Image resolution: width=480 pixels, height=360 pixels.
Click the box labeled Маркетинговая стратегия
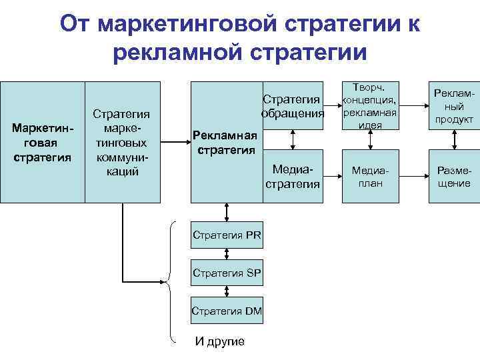click(x=42, y=141)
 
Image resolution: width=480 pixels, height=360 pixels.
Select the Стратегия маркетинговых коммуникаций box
click(x=122, y=141)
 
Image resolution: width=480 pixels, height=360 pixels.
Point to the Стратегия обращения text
click(x=293, y=105)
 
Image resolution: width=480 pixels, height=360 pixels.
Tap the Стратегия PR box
click(x=227, y=235)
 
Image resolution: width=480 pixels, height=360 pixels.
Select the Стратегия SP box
click(x=227, y=272)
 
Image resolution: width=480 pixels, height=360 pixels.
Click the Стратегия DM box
click(x=227, y=310)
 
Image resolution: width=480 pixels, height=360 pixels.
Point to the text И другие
click(x=219, y=341)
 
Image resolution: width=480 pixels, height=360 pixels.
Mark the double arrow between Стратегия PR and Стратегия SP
click(x=227, y=253)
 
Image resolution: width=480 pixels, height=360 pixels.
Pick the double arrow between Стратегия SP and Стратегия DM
click(x=227, y=291)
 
